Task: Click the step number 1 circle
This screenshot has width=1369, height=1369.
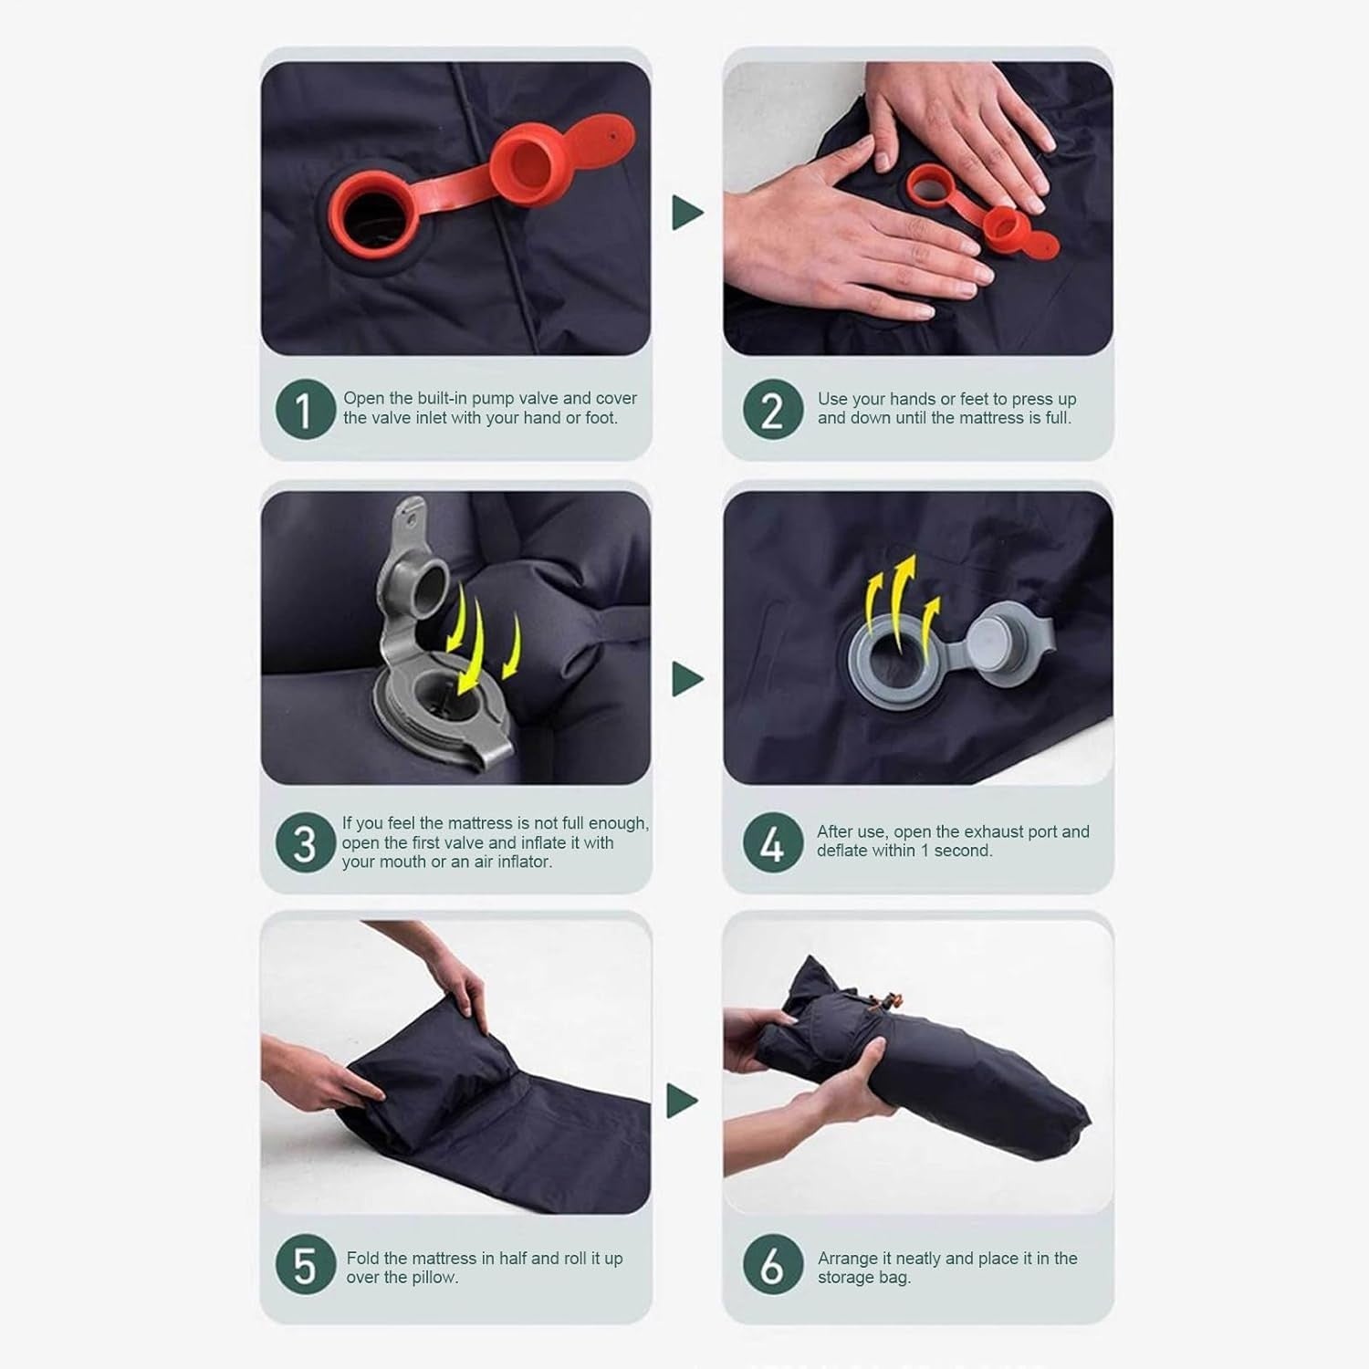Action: tap(305, 410)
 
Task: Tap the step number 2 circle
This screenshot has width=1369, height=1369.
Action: tap(772, 410)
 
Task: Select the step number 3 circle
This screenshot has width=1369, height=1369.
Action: tap(305, 842)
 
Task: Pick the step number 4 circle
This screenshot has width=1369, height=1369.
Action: tap(772, 842)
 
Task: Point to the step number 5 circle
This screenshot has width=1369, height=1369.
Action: tap(305, 1266)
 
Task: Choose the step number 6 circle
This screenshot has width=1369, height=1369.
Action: tap(772, 1266)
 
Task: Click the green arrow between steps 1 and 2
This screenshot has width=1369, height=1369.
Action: tap(686, 213)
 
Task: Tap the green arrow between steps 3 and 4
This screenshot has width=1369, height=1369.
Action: tap(686, 679)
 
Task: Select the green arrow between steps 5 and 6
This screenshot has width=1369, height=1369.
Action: tap(682, 1101)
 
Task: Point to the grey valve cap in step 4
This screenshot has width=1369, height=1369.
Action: tap(1001, 637)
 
